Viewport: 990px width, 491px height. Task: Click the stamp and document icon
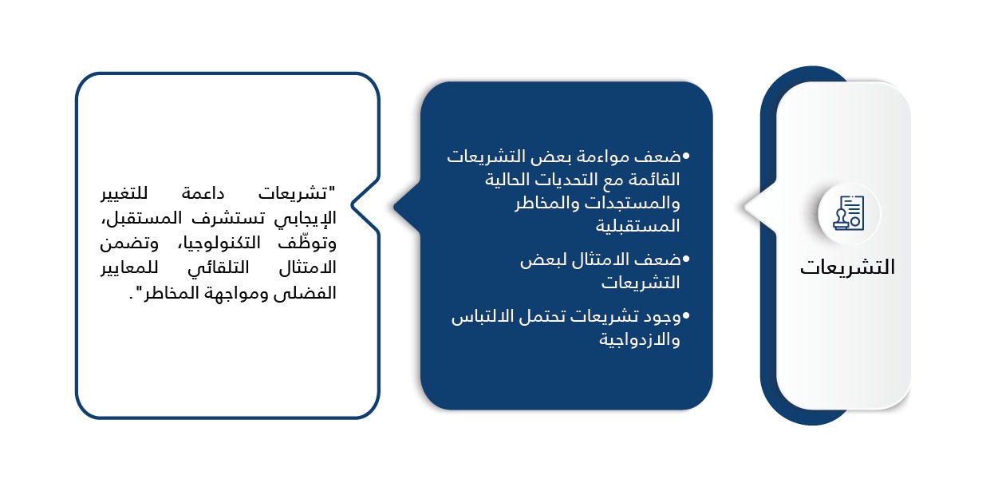coord(849,212)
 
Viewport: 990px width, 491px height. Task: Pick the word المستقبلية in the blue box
coord(637,227)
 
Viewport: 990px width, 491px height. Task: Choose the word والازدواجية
coord(640,340)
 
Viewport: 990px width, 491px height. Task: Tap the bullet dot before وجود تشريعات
coord(685,315)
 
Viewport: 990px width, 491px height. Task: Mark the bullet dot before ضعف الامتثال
coord(685,259)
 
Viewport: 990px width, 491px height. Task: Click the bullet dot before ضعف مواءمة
coord(685,156)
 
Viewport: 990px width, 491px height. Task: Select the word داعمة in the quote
coord(203,194)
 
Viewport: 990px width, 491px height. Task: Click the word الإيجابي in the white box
coord(305,219)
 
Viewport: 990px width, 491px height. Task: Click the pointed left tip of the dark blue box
coord(394,206)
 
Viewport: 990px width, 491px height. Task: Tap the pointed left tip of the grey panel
coord(745,207)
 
